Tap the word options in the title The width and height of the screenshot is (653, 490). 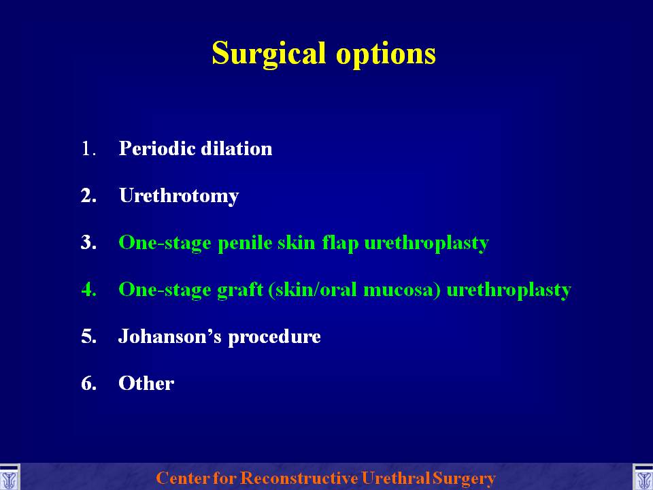[x=386, y=54]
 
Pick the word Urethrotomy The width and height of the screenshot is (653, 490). [x=179, y=196]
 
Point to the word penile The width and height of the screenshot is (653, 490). [x=245, y=243]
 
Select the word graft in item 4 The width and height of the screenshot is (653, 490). [x=240, y=290]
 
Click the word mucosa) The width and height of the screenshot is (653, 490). [x=402, y=290]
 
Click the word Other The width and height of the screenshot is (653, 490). [x=146, y=383]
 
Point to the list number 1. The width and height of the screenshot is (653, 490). [x=88, y=149]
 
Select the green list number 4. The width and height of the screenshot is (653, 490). [x=88, y=290]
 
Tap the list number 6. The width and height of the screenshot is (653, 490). [x=88, y=383]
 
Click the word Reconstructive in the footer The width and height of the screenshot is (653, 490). [x=299, y=478]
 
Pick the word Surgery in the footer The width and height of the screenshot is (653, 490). [x=464, y=478]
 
